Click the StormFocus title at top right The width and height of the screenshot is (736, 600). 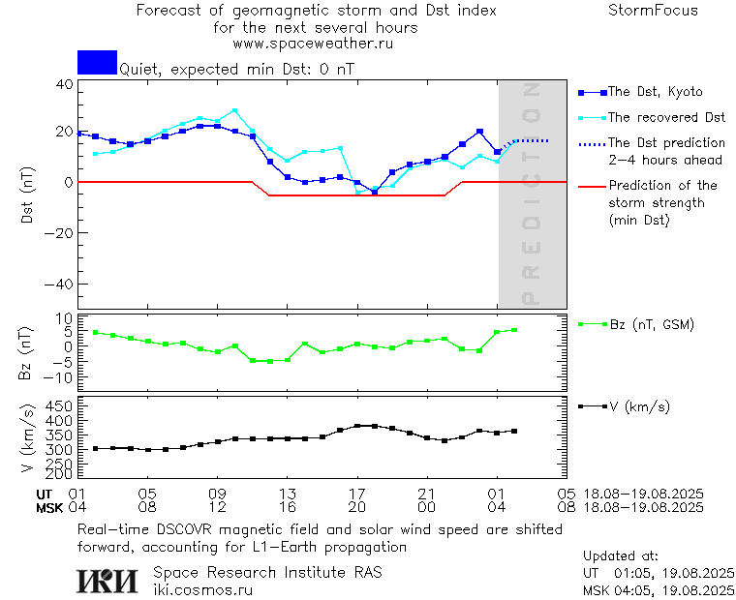653,11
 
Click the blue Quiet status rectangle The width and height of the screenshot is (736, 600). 97,63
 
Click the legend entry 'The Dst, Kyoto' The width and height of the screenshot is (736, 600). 655,92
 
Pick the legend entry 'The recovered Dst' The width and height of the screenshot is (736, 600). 666,117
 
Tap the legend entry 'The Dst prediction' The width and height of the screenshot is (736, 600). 666,142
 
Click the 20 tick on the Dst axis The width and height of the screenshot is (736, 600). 64,131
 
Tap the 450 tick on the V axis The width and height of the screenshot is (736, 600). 59,405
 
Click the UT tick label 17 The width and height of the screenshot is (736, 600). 357,493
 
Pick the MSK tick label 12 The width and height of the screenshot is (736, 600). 218,506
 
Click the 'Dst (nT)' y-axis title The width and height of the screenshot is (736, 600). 28,195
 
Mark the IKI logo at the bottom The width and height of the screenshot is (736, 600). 107,580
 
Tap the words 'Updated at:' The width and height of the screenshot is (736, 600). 621,556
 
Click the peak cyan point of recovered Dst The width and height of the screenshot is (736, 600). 234,110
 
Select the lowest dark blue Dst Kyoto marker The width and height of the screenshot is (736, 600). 375,192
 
